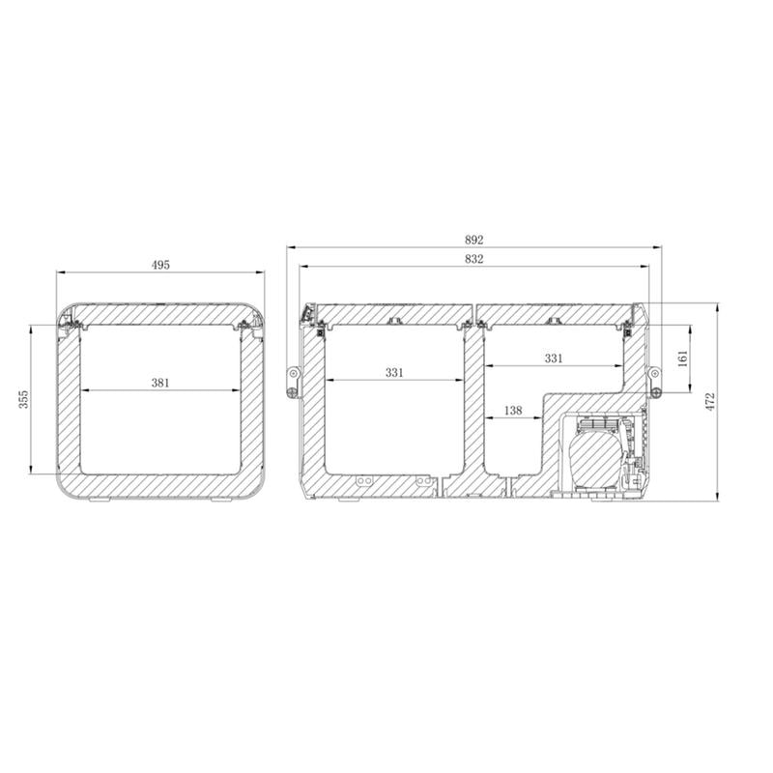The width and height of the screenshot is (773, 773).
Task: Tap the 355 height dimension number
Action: pyautogui.click(x=25, y=399)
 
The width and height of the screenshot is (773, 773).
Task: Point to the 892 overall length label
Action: pyautogui.click(x=473, y=240)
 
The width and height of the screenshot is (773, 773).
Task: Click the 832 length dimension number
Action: pyautogui.click(x=473, y=258)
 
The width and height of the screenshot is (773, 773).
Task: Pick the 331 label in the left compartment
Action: pyautogui.click(x=394, y=372)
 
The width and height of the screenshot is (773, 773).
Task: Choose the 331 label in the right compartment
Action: pyautogui.click(x=553, y=358)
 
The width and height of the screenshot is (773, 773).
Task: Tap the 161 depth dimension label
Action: pyautogui.click(x=683, y=359)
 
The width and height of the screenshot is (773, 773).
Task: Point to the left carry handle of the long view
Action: pyautogui.click(x=292, y=379)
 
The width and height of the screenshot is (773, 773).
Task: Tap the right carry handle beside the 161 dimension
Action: pyautogui.click(x=655, y=381)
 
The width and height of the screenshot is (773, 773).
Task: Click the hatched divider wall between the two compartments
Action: pyautogui.click(x=473, y=406)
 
